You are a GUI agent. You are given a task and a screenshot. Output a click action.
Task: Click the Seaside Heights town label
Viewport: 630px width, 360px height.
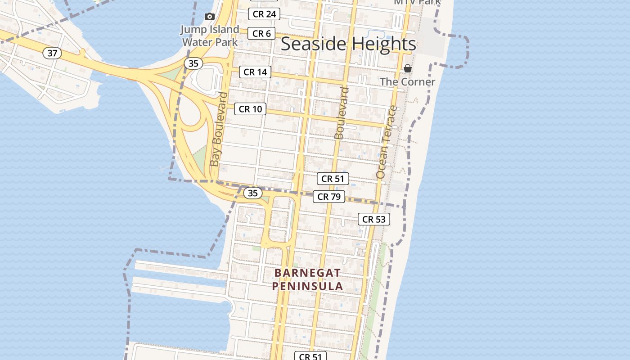348,44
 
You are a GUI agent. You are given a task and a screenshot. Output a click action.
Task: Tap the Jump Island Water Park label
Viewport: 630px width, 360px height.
210,36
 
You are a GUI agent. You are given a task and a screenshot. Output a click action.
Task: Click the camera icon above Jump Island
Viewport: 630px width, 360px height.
209,17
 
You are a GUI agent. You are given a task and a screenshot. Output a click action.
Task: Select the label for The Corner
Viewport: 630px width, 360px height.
407,82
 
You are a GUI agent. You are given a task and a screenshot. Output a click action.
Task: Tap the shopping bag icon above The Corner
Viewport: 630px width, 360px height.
407,68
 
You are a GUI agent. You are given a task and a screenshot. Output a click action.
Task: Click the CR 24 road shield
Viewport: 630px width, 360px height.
264,14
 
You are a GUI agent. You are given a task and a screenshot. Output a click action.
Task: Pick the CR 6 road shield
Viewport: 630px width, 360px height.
261,33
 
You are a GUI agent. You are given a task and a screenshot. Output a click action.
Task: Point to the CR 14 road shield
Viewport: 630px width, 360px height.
255,72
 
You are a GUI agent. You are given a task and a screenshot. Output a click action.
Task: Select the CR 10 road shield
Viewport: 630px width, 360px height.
250,109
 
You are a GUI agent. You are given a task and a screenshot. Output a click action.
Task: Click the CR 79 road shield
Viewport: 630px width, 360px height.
329,197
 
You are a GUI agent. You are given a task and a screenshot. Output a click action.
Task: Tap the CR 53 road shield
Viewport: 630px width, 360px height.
374,219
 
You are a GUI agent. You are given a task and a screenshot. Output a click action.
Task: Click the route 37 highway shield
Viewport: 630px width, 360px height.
52,53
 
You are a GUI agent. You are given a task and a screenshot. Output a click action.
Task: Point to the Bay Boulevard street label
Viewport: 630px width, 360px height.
219,129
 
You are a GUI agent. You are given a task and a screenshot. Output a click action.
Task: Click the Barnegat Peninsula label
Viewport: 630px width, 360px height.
307,279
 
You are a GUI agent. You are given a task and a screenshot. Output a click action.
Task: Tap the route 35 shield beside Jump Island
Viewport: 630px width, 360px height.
193,63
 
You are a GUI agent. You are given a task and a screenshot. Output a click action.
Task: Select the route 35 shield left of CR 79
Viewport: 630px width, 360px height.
253,193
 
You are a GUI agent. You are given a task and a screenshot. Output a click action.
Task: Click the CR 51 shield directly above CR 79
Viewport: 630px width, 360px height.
333,179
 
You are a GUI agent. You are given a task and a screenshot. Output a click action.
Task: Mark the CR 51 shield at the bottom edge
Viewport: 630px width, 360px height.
310,356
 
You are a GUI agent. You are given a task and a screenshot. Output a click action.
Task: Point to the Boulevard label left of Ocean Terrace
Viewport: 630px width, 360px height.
342,113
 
